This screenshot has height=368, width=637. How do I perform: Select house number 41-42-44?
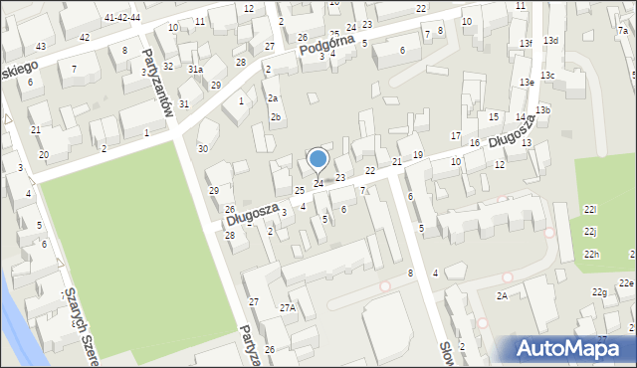pyautogui.click(x=122, y=18)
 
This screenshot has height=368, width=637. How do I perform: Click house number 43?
pyautogui.click(x=41, y=47)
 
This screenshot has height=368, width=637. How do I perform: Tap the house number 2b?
pyautogui.click(x=276, y=117)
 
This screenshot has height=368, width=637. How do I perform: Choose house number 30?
pyautogui.click(x=203, y=148)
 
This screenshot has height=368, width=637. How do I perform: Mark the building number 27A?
pyautogui.click(x=288, y=308)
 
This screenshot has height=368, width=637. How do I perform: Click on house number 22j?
pyautogui.click(x=590, y=232)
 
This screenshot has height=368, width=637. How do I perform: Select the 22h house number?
pyautogui.click(x=592, y=256)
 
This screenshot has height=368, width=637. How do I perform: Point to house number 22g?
pyautogui.click(x=599, y=291)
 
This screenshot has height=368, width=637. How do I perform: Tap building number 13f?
pyautogui.click(x=526, y=43)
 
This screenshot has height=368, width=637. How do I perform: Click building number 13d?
pyautogui.click(x=550, y=40)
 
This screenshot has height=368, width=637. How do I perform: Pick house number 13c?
pyautogui.click(x=547, y=76)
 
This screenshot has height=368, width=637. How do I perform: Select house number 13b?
pyautogui.click(x=542, y=109)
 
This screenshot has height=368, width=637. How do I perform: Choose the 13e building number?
pyautogui.click(x=526, y=82)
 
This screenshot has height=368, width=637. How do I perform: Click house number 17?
pyautogui.click(x=456, y=135)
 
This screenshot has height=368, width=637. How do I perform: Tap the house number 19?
pyautogui.click(x=418, y=154)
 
